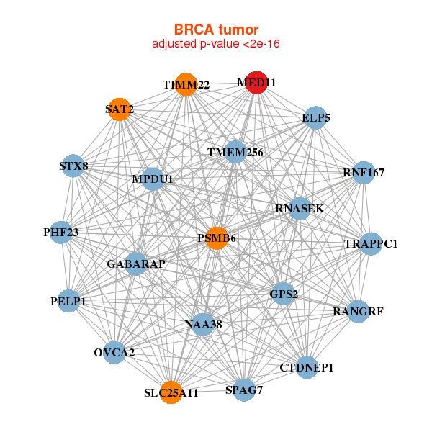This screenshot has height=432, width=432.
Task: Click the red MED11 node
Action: click(256, 83)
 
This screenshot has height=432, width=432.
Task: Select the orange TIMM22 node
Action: click(186, 84)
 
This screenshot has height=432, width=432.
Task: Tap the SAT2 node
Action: click(119, 109)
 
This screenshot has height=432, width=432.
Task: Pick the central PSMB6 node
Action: click(217, 238)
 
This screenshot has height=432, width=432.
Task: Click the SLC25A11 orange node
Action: click(171, 392)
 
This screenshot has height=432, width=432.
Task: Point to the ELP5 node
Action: click(316, 118)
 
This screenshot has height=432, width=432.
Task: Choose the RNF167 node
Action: click(364, 173)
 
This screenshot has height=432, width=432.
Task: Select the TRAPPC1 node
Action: click(371, 244)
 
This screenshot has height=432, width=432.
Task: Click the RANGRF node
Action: click(358, 312)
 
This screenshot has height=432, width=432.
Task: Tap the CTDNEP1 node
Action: click(307, 367)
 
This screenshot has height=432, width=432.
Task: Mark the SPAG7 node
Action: click(244, 390)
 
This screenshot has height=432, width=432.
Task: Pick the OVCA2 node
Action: click(114, 353)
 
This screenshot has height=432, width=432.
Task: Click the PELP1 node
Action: click(68, 301)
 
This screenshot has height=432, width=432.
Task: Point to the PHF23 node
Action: click(61, 233)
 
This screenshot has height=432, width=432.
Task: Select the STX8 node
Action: click(73, 166)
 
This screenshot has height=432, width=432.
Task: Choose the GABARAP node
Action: click(135, 264)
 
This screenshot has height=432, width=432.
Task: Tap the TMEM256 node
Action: click(235, 152)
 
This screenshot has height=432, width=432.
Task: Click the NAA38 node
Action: click(203, 325)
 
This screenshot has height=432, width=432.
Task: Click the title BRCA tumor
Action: click(216, 30)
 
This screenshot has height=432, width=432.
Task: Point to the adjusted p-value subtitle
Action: click(216, 44)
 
